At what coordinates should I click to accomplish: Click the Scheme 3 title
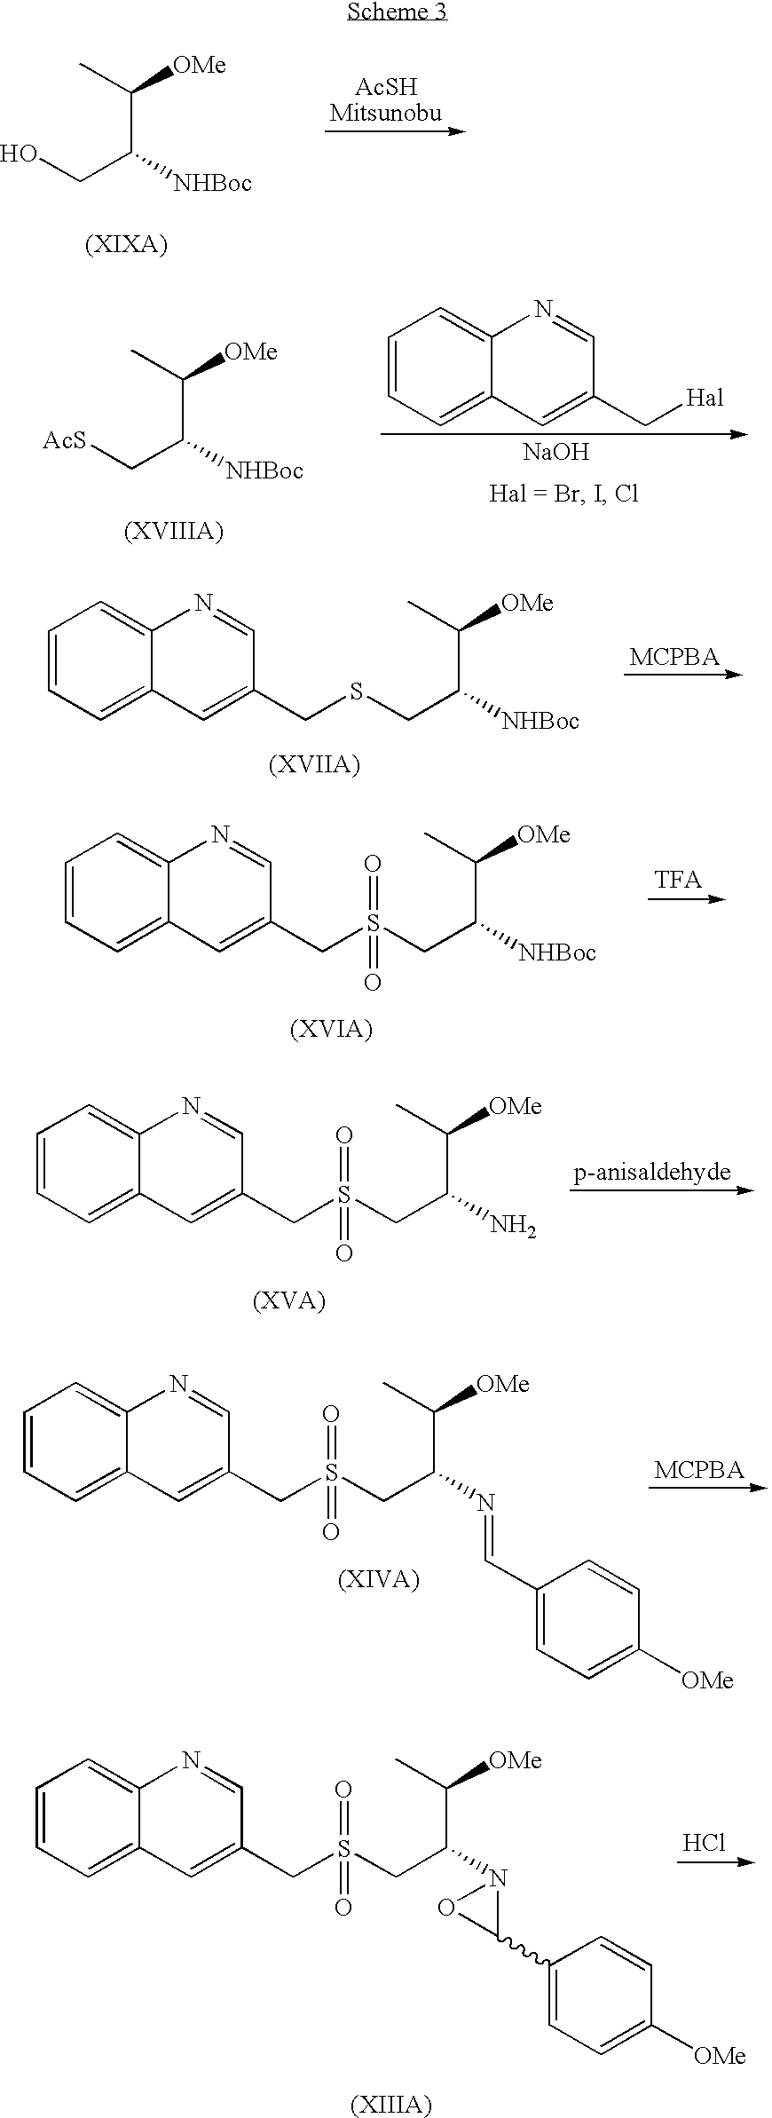pyautogui.click(x=397, y=12)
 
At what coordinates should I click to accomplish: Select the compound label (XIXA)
pyautogui.click(x=126, y=244)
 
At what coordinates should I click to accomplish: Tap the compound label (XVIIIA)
pyautogui.click(x=174, y=531)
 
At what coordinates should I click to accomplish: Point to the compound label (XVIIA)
pyautogui.click(x=314, y=764)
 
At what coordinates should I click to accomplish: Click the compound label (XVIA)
pyautogui.click(x=331, y=1029)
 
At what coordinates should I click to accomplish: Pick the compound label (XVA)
pyautogui.click(x=289, y=1300)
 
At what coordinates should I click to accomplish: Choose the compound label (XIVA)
pyautogui.click(x=379, y=1579)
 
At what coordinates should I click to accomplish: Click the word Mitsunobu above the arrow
pyautogui.click(x=386, y=113)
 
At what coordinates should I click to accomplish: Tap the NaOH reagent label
pyautogui.click(x=555, y=452)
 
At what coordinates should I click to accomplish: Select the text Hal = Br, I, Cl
pyautogui.click(x=563, y=493)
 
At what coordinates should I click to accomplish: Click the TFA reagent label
pyautogui.click(x=678, y=880)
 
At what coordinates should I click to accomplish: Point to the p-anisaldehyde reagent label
pyautogui.click(x=652, y=1172)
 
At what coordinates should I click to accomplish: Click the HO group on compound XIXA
pyautogui.click(x=19, y=154)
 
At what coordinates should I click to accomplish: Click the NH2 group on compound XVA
pyautogui.click(x=513, y=1228)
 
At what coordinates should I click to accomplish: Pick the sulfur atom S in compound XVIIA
pyautogui.click(x=356, y=692)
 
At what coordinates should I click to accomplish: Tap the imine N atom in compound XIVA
pyautogui.click(x=484, y=1503)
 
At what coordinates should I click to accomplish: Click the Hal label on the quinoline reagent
pyautogui.click(x=705, y=398)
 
